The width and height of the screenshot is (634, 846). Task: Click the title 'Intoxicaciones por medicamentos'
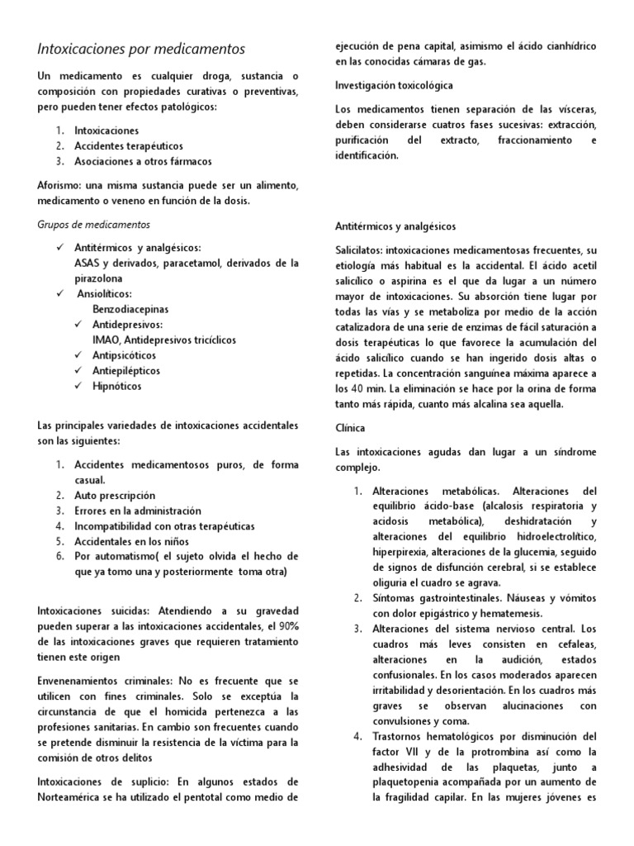tap(141, 50)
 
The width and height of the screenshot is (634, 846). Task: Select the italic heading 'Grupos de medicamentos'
tap(94, 224)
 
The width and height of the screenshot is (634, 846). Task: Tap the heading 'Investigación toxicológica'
tap(394, 85)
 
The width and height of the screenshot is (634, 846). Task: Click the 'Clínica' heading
tap(351, 429)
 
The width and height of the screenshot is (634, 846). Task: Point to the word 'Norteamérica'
tap(75, 799)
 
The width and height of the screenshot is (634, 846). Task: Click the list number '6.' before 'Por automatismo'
tap(60, 557)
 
